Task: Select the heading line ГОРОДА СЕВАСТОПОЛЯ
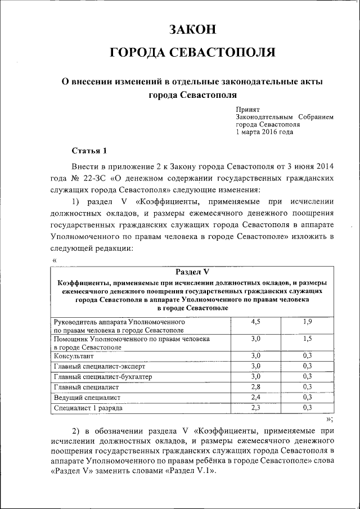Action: click(192, 53)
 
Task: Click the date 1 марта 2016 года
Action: click(264, 132)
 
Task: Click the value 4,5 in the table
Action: click(255, 321)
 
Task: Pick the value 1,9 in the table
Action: click(308, 321)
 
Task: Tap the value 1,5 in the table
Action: click(308, 339)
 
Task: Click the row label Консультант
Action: click(73, 356)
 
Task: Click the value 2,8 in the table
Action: click(255, 386)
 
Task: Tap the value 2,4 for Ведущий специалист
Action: click(255, 397)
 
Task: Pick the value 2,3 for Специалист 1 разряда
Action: click(255, 407)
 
